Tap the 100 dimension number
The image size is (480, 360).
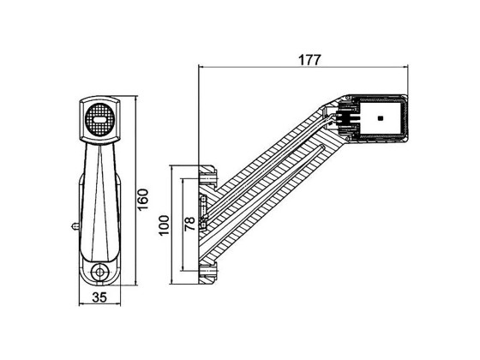(x=165, y=225)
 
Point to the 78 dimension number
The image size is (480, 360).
(x=189, y=225)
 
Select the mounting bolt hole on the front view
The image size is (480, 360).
(x=101, y=271)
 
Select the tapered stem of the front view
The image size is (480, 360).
(x=101, y=197)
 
